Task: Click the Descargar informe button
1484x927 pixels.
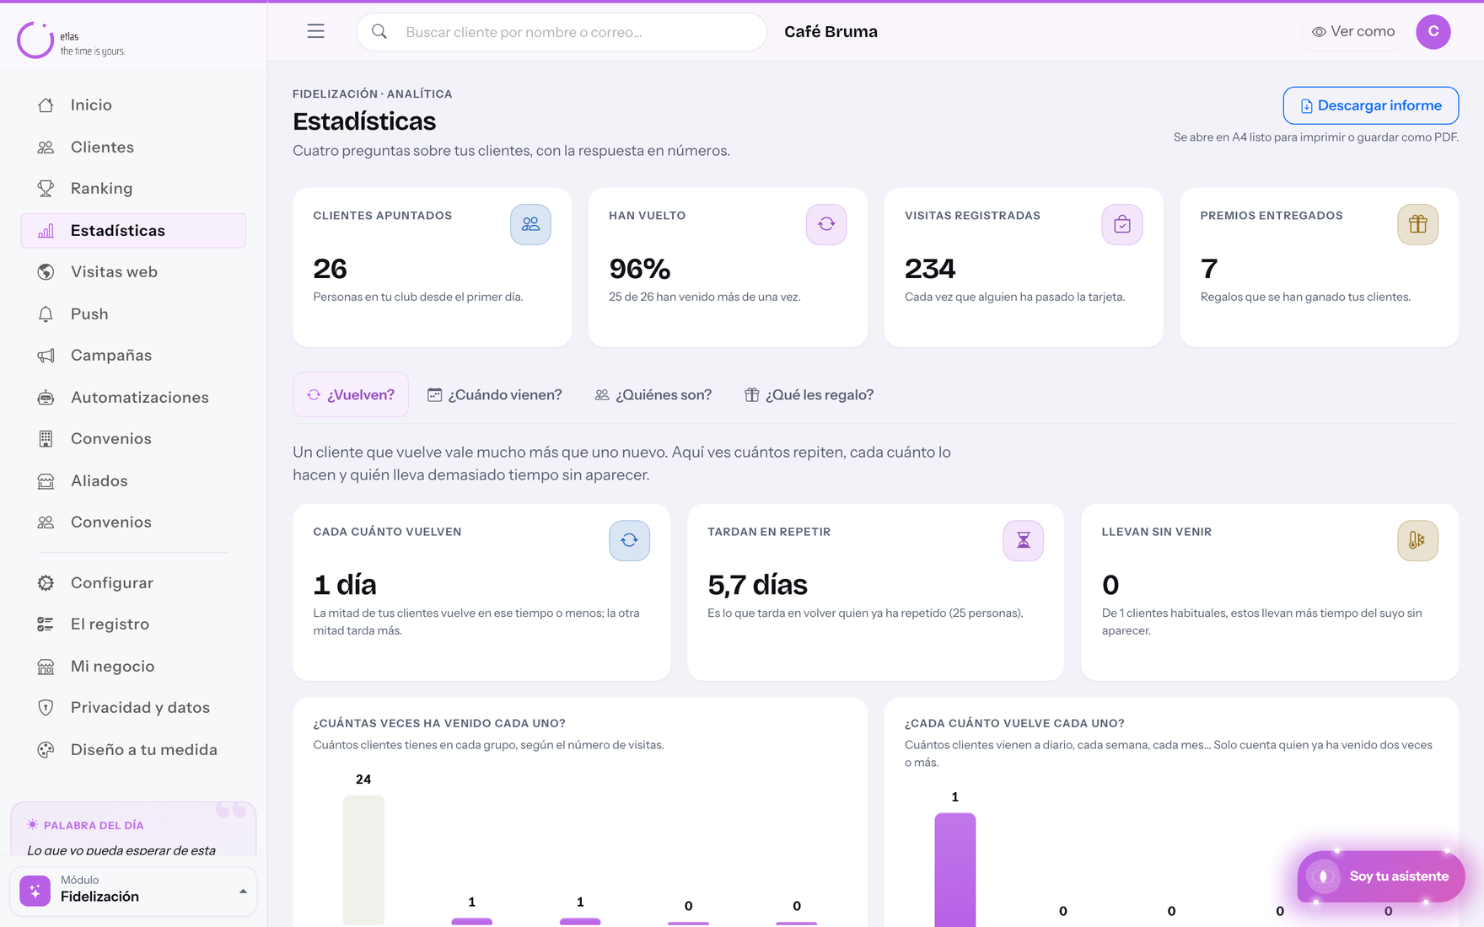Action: point(1371,105)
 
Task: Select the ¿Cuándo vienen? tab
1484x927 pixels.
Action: point(494,394)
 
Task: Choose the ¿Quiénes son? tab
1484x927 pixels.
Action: point(653,394)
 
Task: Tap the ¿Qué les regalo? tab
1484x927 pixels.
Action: point(809,394)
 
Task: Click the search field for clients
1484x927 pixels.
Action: point(562,32)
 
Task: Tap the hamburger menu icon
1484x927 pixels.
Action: point(315,31)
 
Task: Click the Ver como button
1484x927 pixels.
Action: point(1353,31)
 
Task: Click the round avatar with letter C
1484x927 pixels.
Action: point(1433,31)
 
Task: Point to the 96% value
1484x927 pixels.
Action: point(640,268)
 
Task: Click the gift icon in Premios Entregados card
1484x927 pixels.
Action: point(1417,224)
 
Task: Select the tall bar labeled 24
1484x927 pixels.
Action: point(363,860)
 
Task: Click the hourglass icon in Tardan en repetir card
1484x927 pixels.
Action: point(1023,540)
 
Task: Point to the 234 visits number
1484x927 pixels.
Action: point(930,268)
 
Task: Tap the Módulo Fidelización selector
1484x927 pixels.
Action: point(133,891)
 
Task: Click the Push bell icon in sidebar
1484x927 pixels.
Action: point(46,313)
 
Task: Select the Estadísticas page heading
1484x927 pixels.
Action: point(364,121)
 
